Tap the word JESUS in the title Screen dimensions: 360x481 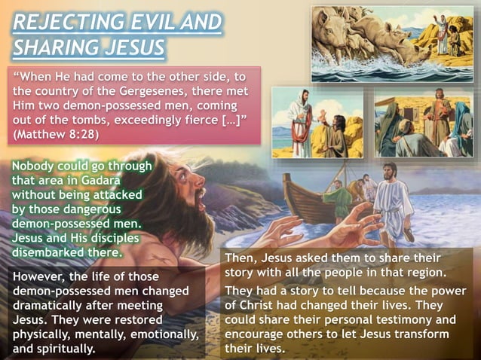click(133, 48)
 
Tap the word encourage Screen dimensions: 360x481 click(259, 334)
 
